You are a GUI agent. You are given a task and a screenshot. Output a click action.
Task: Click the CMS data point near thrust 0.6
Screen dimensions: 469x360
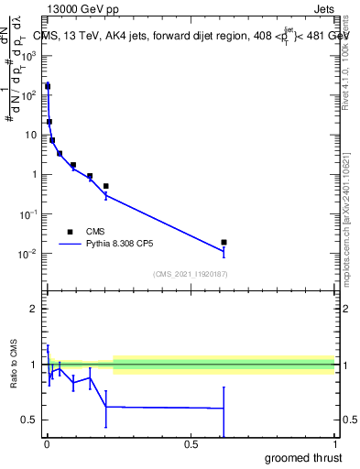[x=224, y=242]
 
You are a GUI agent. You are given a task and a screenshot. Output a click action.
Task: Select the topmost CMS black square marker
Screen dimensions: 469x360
[x=48, y=86]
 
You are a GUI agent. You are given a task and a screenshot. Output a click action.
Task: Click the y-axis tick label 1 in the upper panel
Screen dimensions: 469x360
[x=38, y=174]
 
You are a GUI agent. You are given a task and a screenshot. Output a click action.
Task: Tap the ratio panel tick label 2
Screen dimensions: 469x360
[x=38, y=309]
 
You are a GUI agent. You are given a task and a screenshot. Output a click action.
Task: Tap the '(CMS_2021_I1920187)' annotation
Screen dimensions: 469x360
[x=190, y=274]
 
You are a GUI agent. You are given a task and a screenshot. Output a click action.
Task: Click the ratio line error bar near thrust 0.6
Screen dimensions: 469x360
[x=224, y=409]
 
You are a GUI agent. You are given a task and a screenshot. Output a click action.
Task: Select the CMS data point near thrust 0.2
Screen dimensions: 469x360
[x=105, y=186]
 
